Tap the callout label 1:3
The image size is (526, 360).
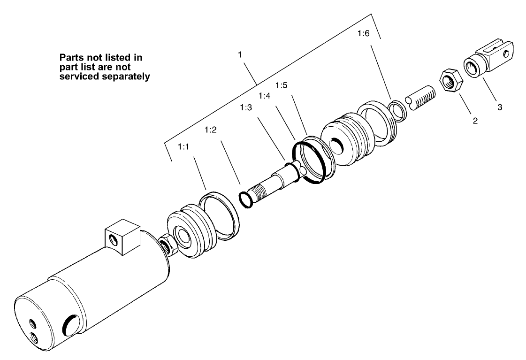(x=246, y=107)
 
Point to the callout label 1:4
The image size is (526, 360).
(x=264, y=96)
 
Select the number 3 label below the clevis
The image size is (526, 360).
(x=500, y=107)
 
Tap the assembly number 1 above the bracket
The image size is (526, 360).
(x=240, y=55)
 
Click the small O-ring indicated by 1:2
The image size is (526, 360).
(x=246, y=199)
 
